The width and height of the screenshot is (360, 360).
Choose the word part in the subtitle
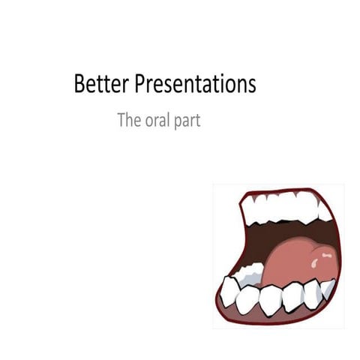coord(187,121)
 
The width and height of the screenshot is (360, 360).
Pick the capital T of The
coord(121,120)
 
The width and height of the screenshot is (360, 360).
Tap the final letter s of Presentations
coord(252,86)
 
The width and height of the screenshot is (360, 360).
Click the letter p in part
coord(178,122)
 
